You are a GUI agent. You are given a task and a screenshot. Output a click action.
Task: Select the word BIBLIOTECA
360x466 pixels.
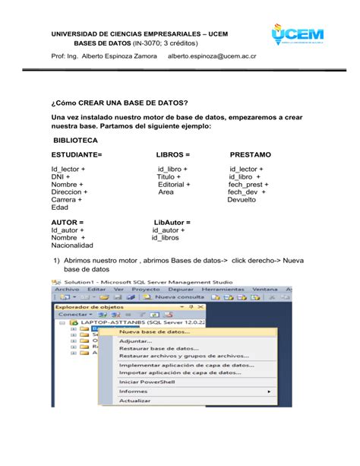[75, 141]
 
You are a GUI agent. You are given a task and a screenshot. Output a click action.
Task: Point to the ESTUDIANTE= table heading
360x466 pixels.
[77, 154]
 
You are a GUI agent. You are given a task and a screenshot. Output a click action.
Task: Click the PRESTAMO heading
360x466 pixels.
[250, 154]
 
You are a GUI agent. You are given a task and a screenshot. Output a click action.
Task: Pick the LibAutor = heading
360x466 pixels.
[172, 221]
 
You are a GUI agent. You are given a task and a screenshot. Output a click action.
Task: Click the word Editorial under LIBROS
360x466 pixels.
[174, 184]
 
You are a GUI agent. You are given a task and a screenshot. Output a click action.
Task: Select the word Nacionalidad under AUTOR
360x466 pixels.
[72, 246]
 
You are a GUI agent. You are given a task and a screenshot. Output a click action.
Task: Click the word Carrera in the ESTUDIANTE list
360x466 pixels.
[67, 200]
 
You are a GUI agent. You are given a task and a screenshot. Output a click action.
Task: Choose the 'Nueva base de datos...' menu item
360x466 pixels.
[155, 331]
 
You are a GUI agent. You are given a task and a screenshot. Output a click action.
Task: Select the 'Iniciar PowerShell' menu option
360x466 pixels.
[147, 381]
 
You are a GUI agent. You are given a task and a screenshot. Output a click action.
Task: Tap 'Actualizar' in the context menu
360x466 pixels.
[134, 400]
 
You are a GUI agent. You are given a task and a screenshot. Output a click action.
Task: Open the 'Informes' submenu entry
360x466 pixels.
[133, 391]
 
